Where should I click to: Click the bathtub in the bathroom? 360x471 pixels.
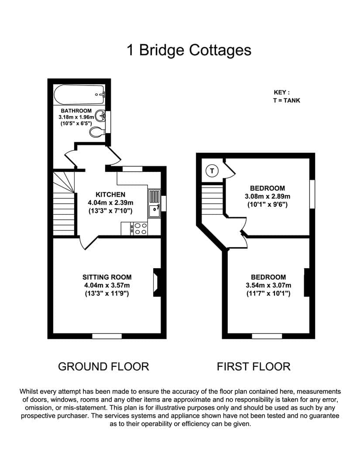pos(79,94)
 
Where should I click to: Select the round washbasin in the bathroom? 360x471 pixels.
pos(100,116)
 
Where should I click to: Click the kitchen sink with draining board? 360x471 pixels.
pos(154,203)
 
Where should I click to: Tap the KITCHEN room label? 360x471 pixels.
pos(110,195)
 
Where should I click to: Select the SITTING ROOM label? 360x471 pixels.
pos(107,277)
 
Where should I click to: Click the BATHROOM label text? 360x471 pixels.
pos(76,110)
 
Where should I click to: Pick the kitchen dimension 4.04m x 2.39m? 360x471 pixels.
pos(110,203)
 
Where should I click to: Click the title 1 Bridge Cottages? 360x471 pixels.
pos(189,50)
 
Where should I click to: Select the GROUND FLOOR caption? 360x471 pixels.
pos(103,366)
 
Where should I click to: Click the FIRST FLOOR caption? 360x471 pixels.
pos(254,366)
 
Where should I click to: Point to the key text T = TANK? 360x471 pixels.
pos(286,100)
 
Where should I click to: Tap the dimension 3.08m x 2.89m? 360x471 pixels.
pos(267,196)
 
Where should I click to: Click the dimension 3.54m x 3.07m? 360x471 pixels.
pos(268,285)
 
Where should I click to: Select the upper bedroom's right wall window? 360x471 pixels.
pos(312,194)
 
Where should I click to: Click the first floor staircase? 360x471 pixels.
pos(212,200)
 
